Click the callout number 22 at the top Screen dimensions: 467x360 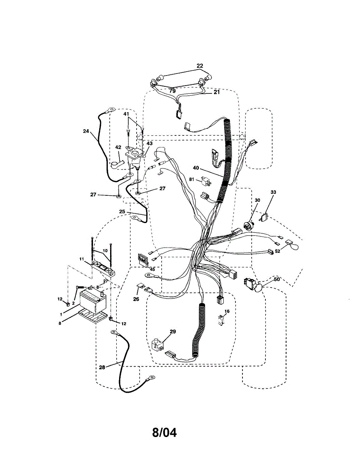click(x=200, y=66)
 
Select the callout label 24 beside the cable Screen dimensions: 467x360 click(x=86, y=131)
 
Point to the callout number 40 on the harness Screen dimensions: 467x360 click(x=196, y=168)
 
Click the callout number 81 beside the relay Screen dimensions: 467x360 click(x=192, y=179)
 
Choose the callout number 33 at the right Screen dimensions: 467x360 click(x=273, y=192)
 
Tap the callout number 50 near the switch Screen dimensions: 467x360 click(x=277, y=279)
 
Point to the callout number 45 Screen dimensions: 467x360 click(x=152, y=269)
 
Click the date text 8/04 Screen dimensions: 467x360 click(x=164, y=432)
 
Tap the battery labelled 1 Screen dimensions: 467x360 click(x=92, y=302)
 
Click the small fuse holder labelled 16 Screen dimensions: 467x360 click(x=221, y=320)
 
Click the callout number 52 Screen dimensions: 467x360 click(x=277, y=251)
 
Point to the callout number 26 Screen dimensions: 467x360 click(x=136, y=299)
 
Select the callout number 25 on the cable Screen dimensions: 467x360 click(x=123, y=211)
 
